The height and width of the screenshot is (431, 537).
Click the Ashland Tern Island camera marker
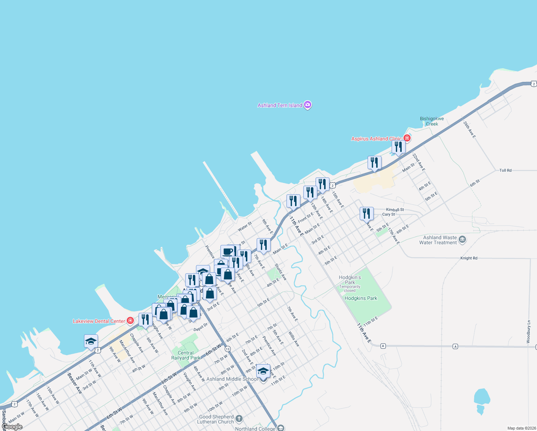(x=307, y=105)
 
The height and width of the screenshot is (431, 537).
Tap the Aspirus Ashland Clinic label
(x=376, y=139)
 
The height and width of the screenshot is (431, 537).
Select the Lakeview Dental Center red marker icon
(x=130, y=321)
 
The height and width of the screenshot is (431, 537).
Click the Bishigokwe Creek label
(x=432, y=121)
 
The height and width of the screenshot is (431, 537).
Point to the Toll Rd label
(x=505, y=170)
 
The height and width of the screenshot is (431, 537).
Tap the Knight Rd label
(x=469, y=258)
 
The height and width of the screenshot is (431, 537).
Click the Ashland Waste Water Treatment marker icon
(x=462, y=240)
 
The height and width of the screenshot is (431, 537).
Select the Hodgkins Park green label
(x=361, y=298)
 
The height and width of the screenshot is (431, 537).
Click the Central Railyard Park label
(x=186, y=355)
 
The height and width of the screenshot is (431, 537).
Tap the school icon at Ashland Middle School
(x=263, y=371)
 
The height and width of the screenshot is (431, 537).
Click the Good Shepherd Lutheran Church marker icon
(x=239, y=419)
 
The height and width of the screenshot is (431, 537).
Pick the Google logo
(x=12, y=427)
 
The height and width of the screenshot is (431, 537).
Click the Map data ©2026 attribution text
(x=520, y=428)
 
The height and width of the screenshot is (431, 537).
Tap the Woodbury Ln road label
(x=528, y=332)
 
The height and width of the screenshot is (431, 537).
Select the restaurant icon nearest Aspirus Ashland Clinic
(x=398, y=147)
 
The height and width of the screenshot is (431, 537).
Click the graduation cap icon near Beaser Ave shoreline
(x=91, y=341)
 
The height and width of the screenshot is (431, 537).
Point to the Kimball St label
(x=395, y=209)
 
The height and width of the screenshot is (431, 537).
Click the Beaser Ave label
(x=75, y=383)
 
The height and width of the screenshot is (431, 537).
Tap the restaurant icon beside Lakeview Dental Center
(x=145, y=319)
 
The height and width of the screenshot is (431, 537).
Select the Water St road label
(x=245, y=227)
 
